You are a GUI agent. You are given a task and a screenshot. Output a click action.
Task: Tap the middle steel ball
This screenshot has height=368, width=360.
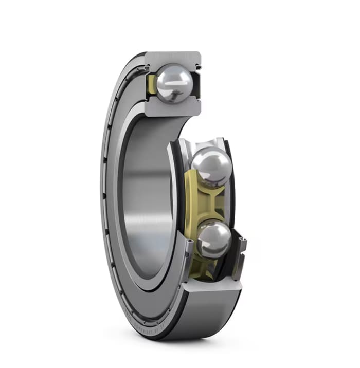[211, 167]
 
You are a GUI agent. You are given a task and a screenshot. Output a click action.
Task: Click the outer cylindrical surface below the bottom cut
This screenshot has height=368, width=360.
[206, 314]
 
